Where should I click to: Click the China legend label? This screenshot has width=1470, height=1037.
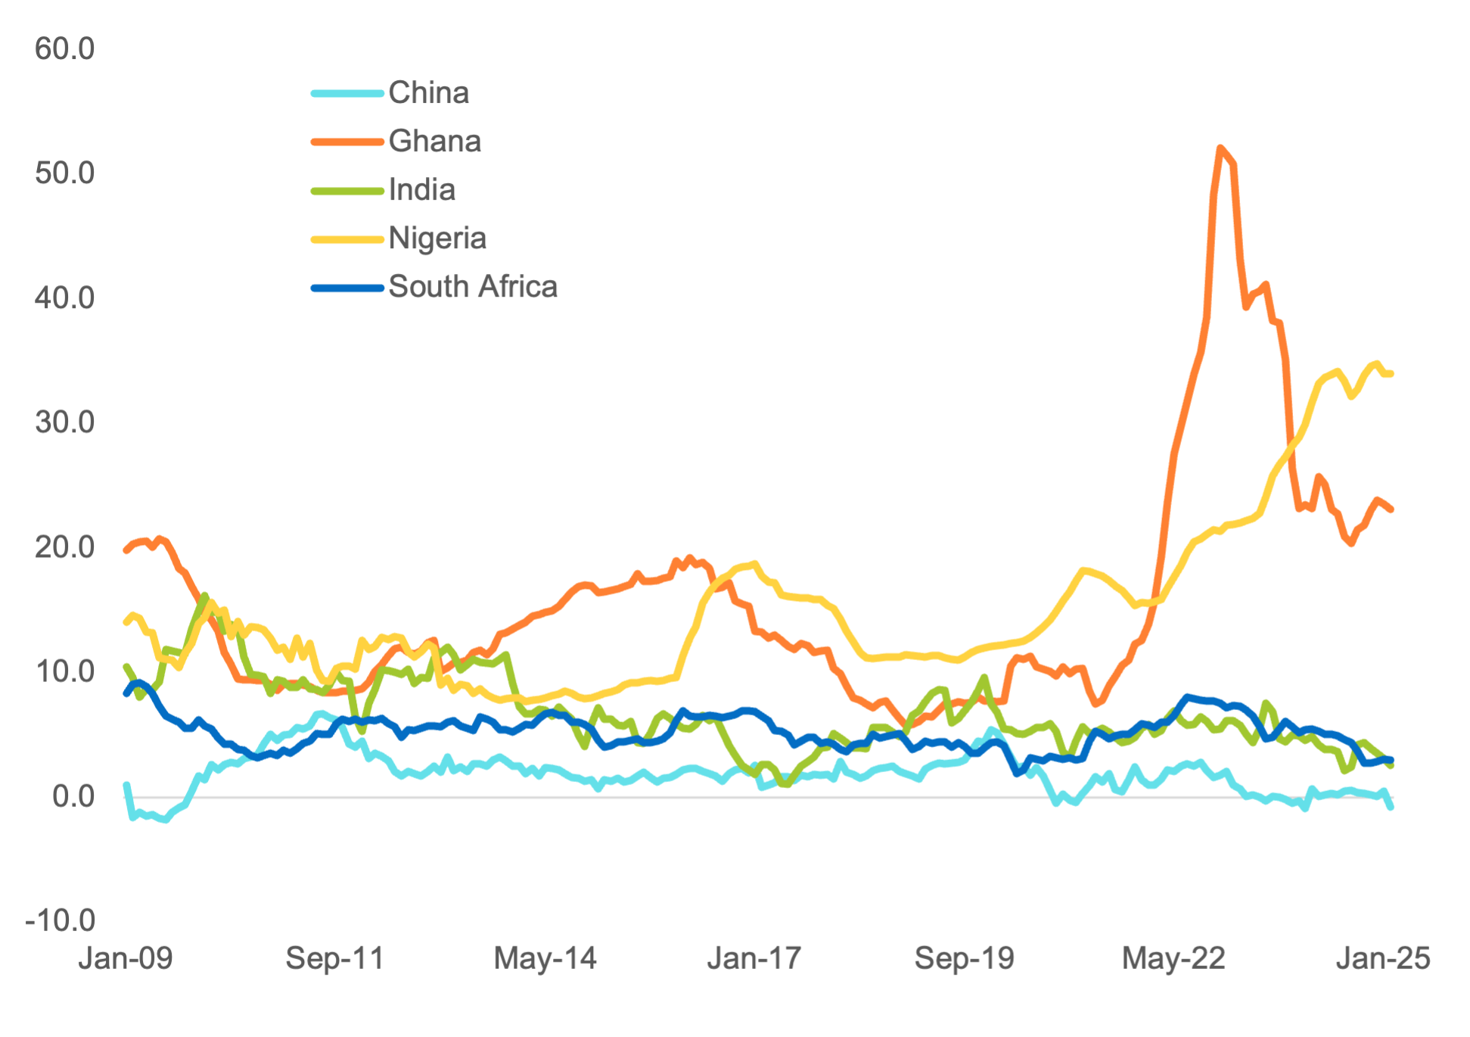pyautogui.click(x=428, y=93)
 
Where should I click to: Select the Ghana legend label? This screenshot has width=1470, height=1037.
pyautogui.click(x=434, y=142)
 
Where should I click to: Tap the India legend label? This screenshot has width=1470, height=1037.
pyautogui.click(x=421, y=190)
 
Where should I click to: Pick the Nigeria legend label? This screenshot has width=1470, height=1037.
pyautogui.click(x=437, y=238)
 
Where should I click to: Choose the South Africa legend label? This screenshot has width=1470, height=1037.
pyautogui.click(x=472, y=287)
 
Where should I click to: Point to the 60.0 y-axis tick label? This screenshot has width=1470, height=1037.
pyautogui.click(x=65, y=49)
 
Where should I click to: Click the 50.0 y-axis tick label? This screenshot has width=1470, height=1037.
pyautogui.click(x=65, y=173)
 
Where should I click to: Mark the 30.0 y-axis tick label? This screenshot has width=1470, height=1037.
pyautogui.click(x=65, y=422)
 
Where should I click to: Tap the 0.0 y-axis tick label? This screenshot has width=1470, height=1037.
pyautogui.click(x=73, y=796)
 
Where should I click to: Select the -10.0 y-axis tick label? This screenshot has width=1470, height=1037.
pyautogui.click(x=61, y=920)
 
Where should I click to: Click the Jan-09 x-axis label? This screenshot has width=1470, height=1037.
pyautogui.click(x=126, y=959)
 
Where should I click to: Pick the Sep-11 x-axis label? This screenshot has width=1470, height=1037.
pyautogui.click(x=335, y=959)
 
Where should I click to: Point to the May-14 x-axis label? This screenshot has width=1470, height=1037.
pyautogui.click(x=545, y=959)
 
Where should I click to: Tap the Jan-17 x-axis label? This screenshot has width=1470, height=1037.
pyautogui.click(x=754, y=959)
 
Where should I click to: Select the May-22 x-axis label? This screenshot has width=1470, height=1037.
pyautogui.click(x=1173, y=959)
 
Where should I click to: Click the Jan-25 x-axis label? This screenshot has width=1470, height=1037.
pyautogui.click(x=1383, y=959)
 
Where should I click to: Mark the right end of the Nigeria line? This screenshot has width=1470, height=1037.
pyautogui.click(x=1391, y=374)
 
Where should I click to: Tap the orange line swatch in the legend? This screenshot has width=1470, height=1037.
pyautogui.click(x=347, y=142)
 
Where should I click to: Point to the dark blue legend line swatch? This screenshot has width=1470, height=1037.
pyautogui.click(x=347, y=288)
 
